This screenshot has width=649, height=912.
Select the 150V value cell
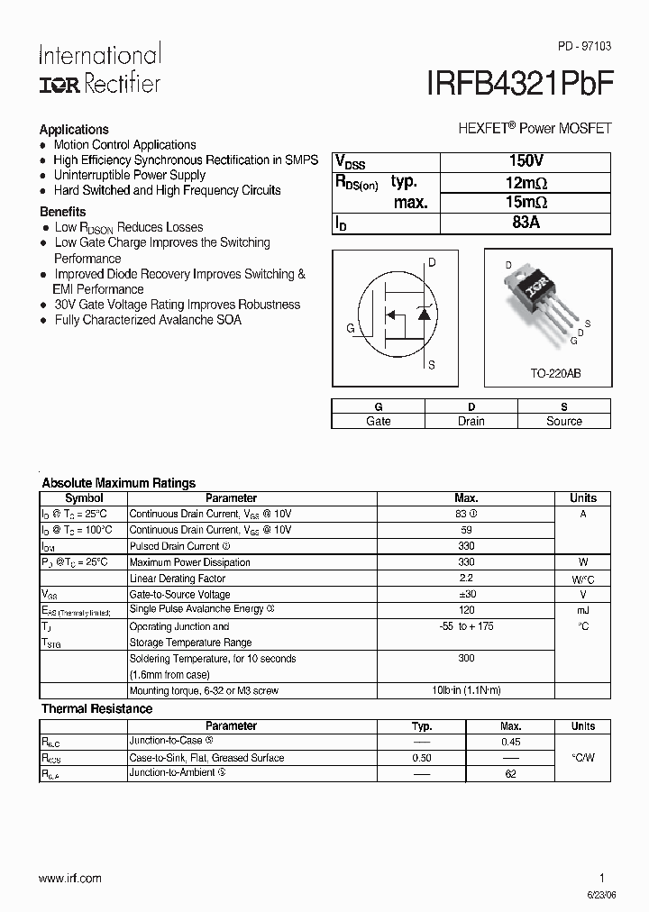pyautogui.click(x=526, y=161)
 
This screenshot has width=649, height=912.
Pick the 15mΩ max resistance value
pyautogui.click(x=526, y=202)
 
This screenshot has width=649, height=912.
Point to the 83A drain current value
pyautogui.click(x=526, y=223)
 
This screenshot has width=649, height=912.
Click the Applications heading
pyautogui.click(x=74, y=129)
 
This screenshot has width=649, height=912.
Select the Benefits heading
pyautogui.click(x=63, y=211)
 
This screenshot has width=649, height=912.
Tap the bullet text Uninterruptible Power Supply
pyautogui.click(x=130, y=175)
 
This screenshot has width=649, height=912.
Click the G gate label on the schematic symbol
pyautogui.click(x=350, y=328)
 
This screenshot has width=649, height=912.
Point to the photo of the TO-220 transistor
pyautogui.click(x=541, y=302)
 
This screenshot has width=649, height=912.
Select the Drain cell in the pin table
pyautogui.click(x=471, y=421)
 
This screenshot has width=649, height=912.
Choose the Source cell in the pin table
pyautogui.click(x=564, y=421)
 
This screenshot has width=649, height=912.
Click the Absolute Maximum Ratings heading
pyautogui.click(x=119, y=483)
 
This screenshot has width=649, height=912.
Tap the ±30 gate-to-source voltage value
pyautogui.click(x=466, y=594)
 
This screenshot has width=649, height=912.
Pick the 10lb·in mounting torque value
pyautogui.click(x=466, y=690)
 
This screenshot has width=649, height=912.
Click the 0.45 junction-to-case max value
pyautogui.click(x=510, y=742)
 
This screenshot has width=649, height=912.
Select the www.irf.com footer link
pyautogui.click(x=70, y=878)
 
